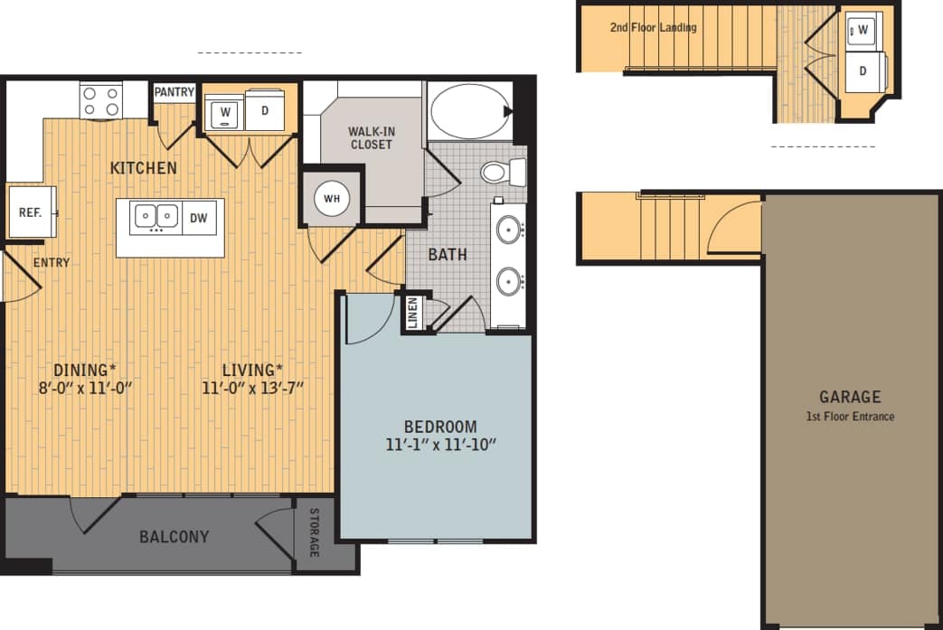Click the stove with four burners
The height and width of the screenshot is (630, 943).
click(100, 100)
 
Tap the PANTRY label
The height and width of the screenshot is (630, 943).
click(174, 92)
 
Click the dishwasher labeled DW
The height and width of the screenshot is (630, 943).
click(198, 217)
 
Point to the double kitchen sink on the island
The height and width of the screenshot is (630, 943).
click(156, 217)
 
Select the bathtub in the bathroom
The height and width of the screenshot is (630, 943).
click(468, 111)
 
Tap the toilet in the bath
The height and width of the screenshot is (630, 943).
click(500, 172)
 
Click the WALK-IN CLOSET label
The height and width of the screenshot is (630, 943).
click(371, 137)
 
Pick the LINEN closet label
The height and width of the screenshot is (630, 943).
click(413, 312)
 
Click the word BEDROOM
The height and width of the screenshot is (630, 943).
click(440, 427)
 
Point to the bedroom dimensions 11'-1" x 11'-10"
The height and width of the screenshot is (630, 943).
click(440, 445)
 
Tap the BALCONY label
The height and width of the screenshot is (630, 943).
click(174, 537)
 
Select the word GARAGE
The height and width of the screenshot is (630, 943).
click(850, 397)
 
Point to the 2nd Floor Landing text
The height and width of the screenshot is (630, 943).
click(653, 28)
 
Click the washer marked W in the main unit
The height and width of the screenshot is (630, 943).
click(223, 113)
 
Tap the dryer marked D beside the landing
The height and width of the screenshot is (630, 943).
click(863, 71)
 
